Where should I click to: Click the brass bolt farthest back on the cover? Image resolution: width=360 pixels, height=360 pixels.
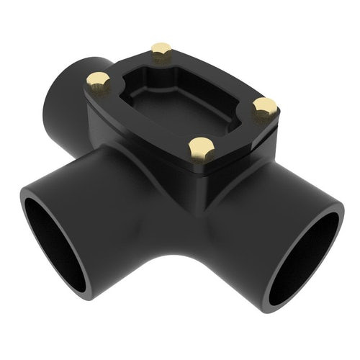161,50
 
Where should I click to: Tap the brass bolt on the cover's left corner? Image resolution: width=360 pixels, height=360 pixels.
98,80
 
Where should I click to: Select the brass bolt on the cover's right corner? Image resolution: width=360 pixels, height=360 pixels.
265,107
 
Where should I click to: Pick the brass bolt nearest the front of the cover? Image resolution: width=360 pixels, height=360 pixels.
201,147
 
